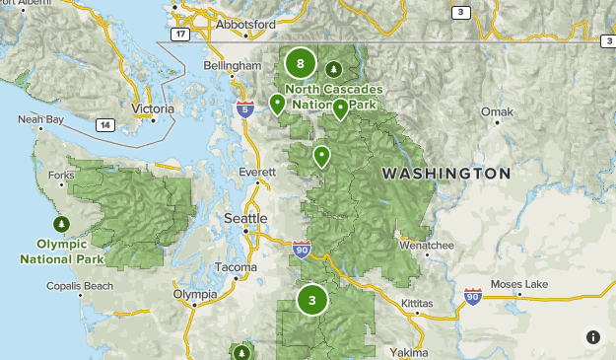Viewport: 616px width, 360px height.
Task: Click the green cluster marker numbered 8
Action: (x=300, y=64)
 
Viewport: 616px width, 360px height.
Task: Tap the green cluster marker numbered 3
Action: (x=312, y=301)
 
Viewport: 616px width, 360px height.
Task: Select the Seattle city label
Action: (x=245, y=218)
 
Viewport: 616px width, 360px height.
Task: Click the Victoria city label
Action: (x=152, y=108)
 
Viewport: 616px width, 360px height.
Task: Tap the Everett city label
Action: (x=258, y=172)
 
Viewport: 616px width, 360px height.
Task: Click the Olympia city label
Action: (x=194, y=294)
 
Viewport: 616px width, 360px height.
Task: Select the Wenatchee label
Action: (x=426, y=245)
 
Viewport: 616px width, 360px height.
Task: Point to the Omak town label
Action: (x=497, y=112)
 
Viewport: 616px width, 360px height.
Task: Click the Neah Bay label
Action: (x=40, y=120)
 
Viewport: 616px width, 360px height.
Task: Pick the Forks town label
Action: (x=61, y=176)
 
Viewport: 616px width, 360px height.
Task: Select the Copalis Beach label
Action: (x=80, y=286)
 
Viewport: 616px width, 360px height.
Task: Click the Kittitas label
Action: (x=416, y=303)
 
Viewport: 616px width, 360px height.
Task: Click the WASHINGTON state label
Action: (x=446, y=174)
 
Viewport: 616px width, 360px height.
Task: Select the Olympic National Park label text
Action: (x=62, y=251)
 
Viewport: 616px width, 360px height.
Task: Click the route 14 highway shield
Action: (x=103, y=125)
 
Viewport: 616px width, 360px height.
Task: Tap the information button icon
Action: (x=592, y=336)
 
